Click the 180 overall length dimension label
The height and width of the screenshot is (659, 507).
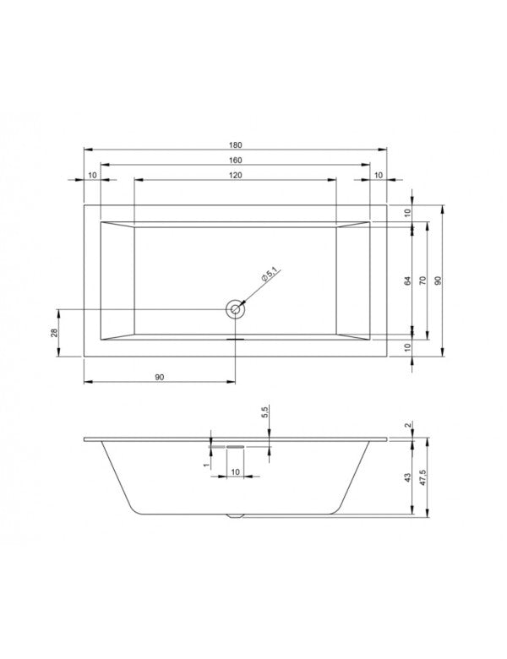[235, 144]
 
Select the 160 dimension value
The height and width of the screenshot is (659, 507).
[235, 160]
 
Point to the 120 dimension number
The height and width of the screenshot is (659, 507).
[235, 175]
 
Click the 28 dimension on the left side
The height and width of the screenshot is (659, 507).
[53, 334]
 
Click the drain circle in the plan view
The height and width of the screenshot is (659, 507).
[235, 310]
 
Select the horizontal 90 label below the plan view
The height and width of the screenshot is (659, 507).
[159, 377]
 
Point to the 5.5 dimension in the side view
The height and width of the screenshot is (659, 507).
[265, 413]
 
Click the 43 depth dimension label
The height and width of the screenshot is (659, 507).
[407, 479]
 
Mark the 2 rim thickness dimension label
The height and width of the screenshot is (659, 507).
[407, 425]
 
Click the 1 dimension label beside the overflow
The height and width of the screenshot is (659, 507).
[206, 464]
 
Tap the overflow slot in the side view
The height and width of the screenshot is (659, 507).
[235, 445]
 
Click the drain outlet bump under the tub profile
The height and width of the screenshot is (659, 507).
[235, 514]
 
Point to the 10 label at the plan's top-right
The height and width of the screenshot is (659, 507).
[378, 175]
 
